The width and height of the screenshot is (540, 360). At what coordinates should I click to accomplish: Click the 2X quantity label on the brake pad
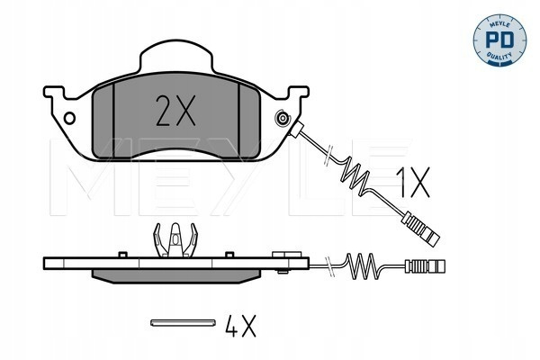[175, 111]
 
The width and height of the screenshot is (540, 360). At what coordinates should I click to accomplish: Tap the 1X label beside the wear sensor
[414, 183]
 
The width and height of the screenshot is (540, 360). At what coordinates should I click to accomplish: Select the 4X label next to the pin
[240, 326]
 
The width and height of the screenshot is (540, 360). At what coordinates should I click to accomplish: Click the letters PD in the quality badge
[499, 40]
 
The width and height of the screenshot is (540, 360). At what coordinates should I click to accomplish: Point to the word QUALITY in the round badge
[499, 56]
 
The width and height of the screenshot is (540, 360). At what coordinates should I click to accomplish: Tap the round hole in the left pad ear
[69, 118]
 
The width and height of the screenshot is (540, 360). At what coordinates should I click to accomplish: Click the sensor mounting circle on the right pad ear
[283, 119]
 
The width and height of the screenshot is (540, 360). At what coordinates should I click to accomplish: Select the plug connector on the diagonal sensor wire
[422, 229]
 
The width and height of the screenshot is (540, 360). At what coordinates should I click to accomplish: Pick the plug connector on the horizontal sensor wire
[426, 266]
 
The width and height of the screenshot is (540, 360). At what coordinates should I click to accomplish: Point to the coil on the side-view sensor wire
[361, 266]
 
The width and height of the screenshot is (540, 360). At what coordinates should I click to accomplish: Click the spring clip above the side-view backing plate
[175, 240]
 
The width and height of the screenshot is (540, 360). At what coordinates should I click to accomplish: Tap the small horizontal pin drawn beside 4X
[184, 322]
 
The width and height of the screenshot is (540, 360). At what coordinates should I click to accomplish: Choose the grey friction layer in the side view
[176, 276]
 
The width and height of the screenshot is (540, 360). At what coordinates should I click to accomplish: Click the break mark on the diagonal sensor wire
[328, 156]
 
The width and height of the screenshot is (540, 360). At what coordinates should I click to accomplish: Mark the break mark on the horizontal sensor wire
[330, 266]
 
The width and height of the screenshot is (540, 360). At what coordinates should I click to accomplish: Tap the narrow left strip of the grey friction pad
[103, 121]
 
